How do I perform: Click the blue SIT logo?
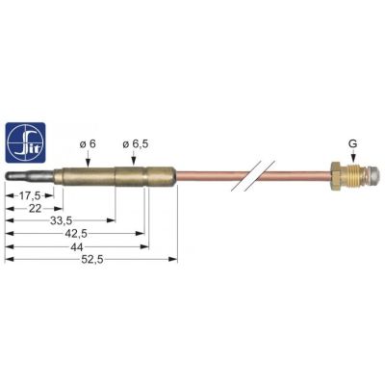point(26,142)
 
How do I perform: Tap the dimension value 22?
point(35,209)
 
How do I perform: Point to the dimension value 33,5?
point(61,220)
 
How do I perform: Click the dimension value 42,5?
point(76,234)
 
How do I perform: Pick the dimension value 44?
point(76,247)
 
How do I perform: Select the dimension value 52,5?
point(92,260)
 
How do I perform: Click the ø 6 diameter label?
point(88,144)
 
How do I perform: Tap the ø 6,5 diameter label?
point(136,144)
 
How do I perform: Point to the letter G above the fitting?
point(353,144)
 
